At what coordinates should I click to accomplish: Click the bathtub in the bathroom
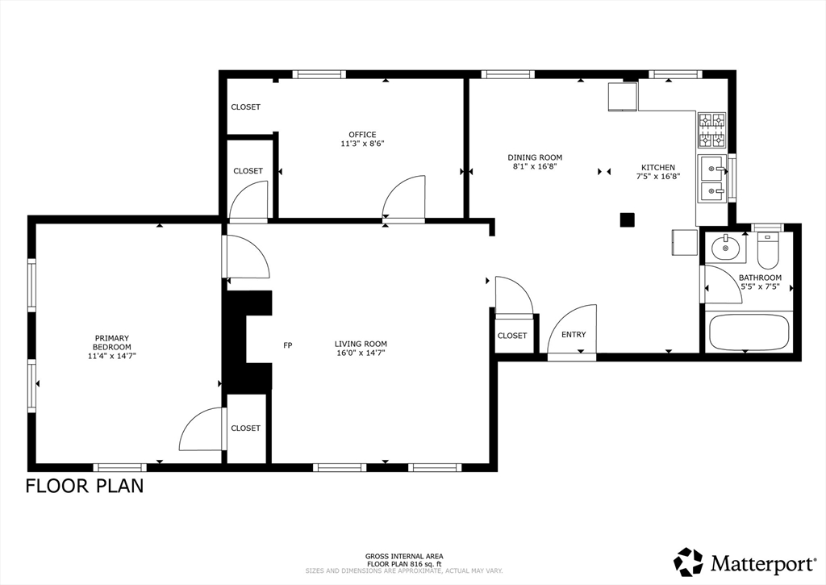pos(749,332)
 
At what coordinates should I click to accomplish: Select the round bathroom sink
pos(725,247)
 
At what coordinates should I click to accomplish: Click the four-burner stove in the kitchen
pos(711,130)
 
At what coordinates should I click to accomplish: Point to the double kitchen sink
pos(712,178)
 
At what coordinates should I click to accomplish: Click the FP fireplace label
pos(288,345)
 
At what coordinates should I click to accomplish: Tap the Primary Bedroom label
pos(111,343)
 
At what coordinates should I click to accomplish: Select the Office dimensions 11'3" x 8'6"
pos(362,144)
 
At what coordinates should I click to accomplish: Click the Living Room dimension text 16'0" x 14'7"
pos(361,353)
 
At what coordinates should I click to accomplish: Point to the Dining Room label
pos(535,157)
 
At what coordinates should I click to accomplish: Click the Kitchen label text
pos(658,168)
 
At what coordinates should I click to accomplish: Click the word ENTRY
pos(574,334)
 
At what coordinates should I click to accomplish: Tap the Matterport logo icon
pos(689,562)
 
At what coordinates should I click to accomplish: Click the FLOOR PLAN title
pos(85,486)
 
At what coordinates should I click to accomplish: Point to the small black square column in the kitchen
pos(627,219)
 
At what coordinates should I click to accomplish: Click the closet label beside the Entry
pos(512,335)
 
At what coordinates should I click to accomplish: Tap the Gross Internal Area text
pos(404,556)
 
